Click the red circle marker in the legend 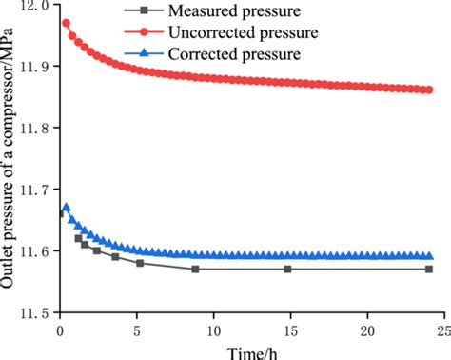(x=146, y=33)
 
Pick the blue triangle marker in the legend (x=146, y=53)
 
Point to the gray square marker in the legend (x=146, y=12)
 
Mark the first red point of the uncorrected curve (x=66, y=22)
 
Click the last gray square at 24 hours (x=429, y=270)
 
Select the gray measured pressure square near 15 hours (x=287, y=270)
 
